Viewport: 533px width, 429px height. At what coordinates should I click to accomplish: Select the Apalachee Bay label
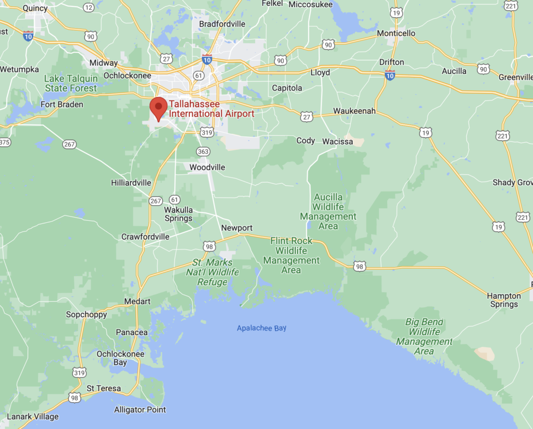(x=261, y=328)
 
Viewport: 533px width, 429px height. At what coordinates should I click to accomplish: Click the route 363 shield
(x=203, y=152)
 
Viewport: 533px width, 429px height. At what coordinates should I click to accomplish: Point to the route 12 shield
(x=89, y=7)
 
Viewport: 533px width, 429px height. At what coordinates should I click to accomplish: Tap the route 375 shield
(x=4, y=142)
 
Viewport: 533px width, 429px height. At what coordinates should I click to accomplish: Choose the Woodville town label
(x=207, y=167)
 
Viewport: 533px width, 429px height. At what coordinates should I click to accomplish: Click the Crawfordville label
(x=145, y=236)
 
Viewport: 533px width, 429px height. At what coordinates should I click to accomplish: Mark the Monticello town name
(x=396, y=33)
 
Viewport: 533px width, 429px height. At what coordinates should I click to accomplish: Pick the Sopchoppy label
(x=86, y=314)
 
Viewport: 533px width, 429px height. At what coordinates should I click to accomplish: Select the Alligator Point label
(x=140, y=410)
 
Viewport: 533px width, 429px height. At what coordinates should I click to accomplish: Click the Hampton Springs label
(x=503, y=300)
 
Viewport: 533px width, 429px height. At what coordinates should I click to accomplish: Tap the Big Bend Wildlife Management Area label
(x=424, y=336)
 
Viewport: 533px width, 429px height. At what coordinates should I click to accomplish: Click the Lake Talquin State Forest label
(x=71, y=83)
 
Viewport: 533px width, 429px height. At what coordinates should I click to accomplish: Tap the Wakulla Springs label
(x=179, y=214)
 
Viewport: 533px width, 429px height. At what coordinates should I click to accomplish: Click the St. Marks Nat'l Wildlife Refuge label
(x=213, y=272)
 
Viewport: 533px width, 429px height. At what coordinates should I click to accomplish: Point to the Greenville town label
(x=515, y=77)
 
